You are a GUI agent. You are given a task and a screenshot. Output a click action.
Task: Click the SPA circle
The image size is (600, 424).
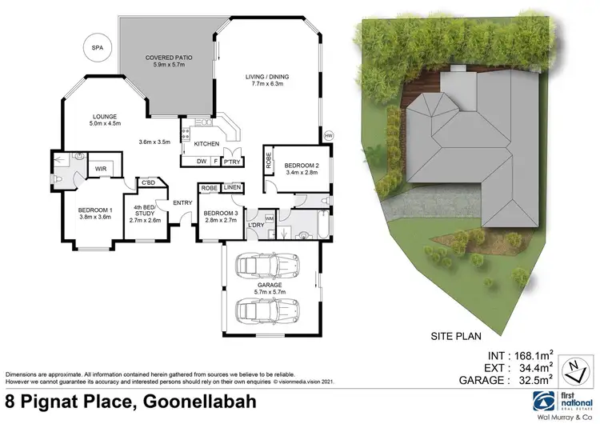pyautogui.click(x=98, y=48)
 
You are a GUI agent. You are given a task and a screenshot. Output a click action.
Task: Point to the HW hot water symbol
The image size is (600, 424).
pyautogui.click(x=329, y=135)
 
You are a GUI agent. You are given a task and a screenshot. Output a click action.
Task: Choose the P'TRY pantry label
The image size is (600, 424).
pyautogui.click(x=233, y=162)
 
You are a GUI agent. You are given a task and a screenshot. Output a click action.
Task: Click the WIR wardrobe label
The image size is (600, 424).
pyautogui.click(x=102, y=169)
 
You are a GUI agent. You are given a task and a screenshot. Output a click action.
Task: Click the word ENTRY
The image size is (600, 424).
pyautogui.click(x=182, y=202)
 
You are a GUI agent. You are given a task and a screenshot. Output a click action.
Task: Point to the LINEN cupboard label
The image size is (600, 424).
pyautogui.click(x=232, y=187)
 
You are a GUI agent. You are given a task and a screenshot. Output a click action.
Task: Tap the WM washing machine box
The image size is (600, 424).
pyautogui.click(x=269, y=217)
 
